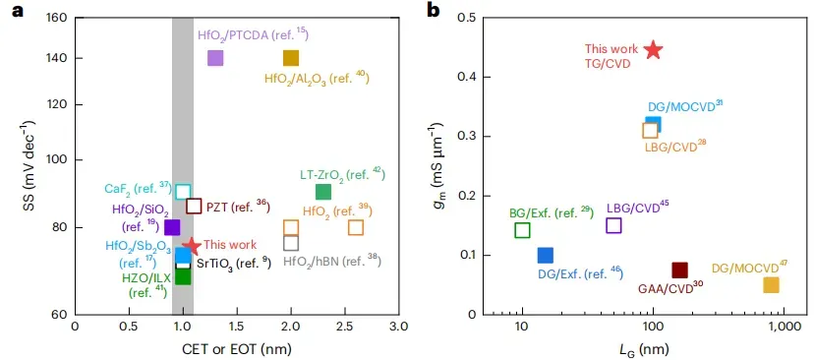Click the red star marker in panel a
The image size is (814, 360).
pyautogui.click(x=192, y=245)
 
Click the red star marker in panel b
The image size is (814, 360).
pyautogui.click(x=653, y=50)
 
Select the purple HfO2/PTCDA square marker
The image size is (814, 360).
pyautogui.click(x=215, y=58)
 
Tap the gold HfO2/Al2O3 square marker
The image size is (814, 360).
pyautogui.click(x=291, y=58)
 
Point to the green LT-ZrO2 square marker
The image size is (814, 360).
pyautogui.click(x=322, y=192)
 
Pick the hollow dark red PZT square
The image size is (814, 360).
pyautogui.click(x=194, y=206)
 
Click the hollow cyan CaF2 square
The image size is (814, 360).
pyautogui.click(x=183, y=192)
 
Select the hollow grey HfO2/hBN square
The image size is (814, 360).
pyautogui.click(x=291, y=243)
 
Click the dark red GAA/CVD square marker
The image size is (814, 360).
pyautogui.click(x=679, y=270)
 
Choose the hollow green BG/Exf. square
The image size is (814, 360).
pyautogui.click(x=522, y=230)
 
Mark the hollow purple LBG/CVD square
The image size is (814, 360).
pyautogui.click(x=613, y=225)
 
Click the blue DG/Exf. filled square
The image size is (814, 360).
pyautogui.click(x=545, y=255)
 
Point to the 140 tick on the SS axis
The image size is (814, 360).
pyautogui.click(x=73, y=58)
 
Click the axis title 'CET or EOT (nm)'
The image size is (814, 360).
pyautogui.click(x=237, y=347)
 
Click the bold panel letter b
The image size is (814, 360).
pyautogui.click(x=434, y=11)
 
